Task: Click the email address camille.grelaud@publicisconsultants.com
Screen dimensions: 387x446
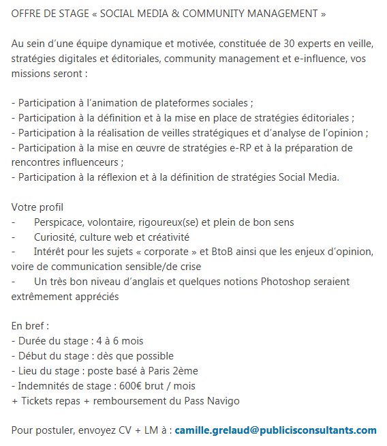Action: (x=275, y=430)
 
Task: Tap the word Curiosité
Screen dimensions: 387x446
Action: (x=55, y=237)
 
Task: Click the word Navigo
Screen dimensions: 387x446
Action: (x=221, y=400)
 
